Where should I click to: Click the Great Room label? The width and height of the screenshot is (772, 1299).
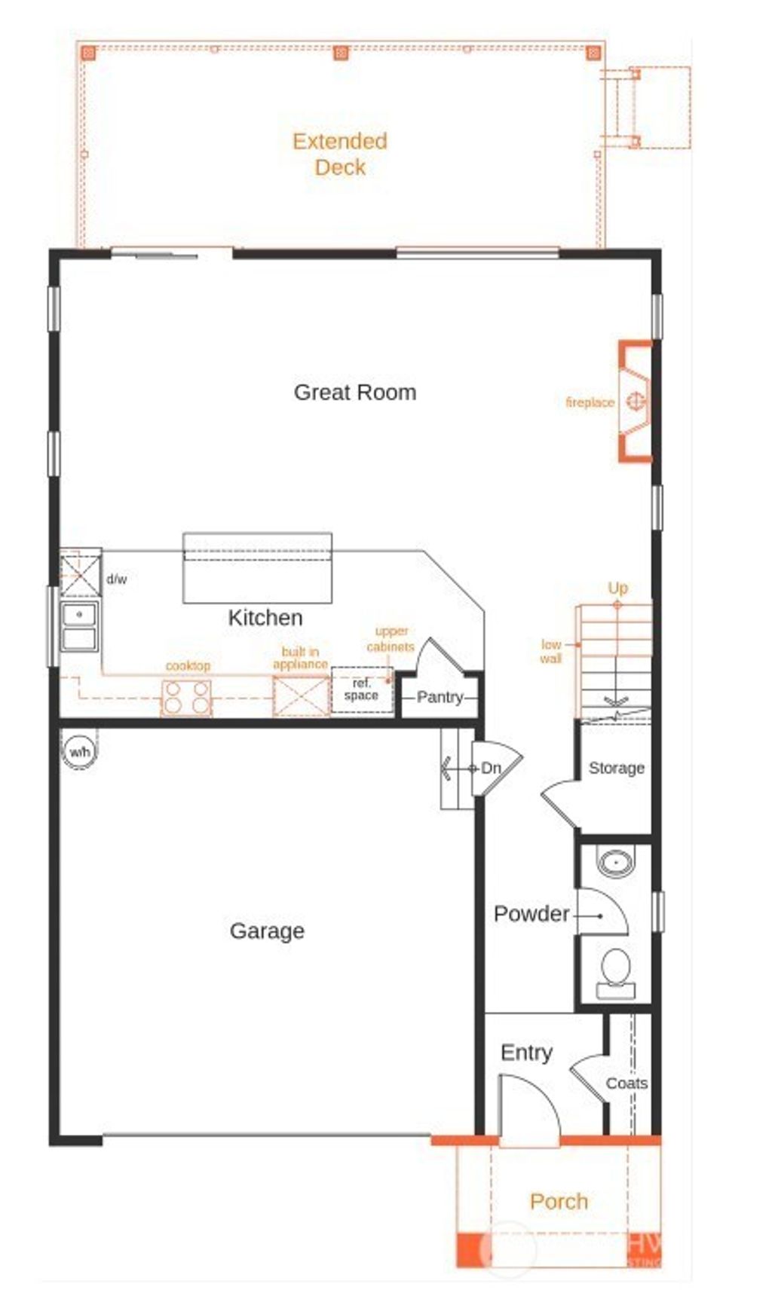point(354,392)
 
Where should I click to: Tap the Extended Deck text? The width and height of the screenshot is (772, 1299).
point(340,154)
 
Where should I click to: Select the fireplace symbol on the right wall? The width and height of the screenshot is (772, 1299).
point(636,401)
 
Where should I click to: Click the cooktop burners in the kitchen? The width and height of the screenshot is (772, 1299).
point(186,697)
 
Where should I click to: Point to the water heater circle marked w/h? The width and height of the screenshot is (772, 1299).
point(79,752)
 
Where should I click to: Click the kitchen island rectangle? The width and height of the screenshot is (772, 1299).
point(257,568)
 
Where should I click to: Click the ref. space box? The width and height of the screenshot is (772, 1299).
point(362,689)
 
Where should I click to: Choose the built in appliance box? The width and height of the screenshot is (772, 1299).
point(301,695)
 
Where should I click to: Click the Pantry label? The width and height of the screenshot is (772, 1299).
point(440,697)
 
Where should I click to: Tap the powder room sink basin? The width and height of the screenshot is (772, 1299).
point(616,861)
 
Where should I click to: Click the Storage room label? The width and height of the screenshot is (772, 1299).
point(616,768)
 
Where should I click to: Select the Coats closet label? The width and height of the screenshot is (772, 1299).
point(626,1083)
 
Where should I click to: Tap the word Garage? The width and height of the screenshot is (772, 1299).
point(267,931)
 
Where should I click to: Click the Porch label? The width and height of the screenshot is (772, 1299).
point(559,1201)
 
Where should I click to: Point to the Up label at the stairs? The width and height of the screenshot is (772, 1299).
point(617,588)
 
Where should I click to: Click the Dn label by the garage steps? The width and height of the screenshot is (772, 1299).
point(491,768)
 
